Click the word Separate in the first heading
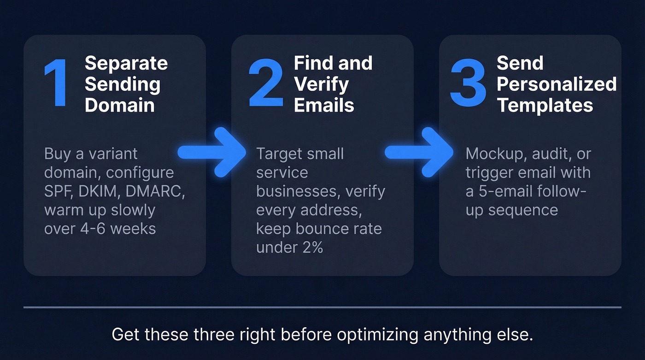(x=126, y=63)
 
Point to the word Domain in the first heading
(x=119, y=105)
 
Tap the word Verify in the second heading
(x=321, y=84)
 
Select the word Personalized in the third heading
(x=557, y=84)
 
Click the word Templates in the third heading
(x=545, y=105)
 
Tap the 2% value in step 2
(x=309, y=247)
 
